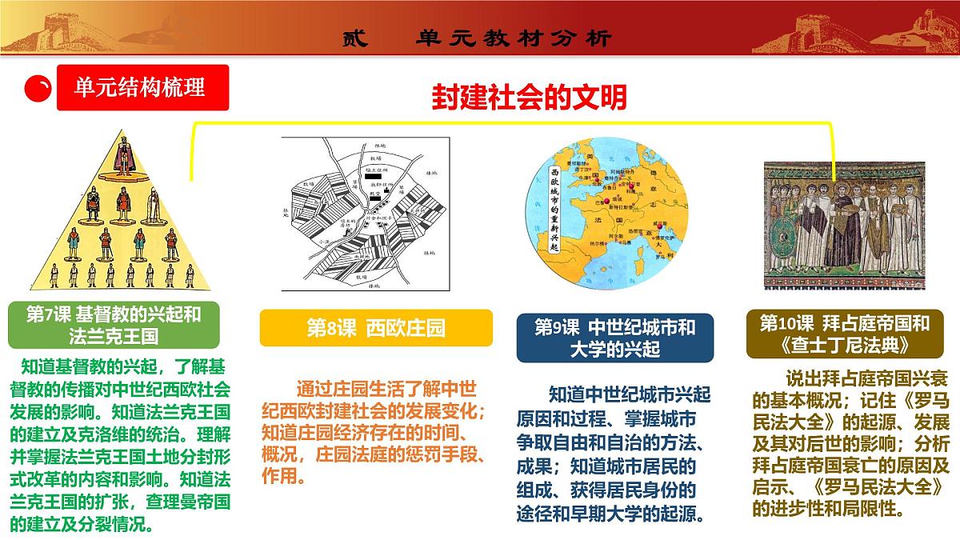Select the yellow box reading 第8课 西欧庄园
[x=375, y=328]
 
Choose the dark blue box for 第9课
[x=614, y=338]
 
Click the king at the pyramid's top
[x=123, y=155]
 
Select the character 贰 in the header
[x=354, y=38]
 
